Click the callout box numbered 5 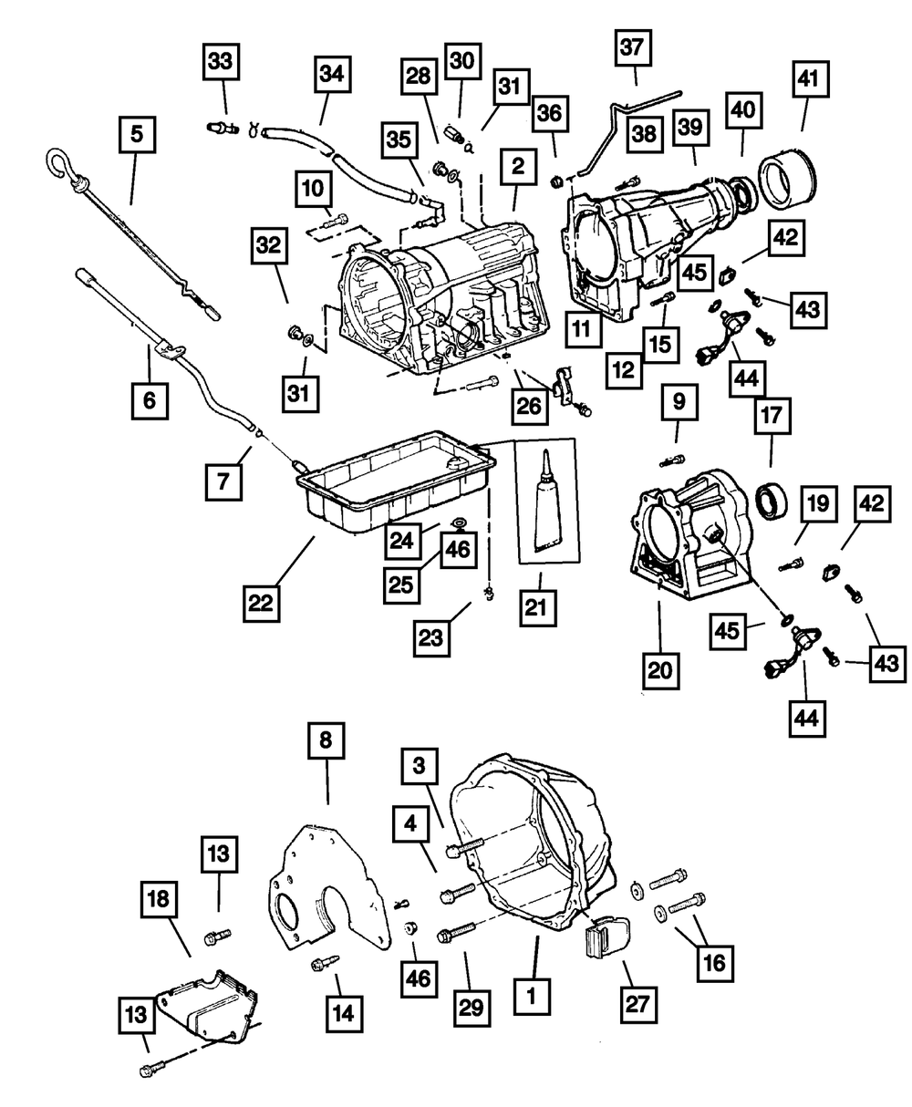click(136, 135)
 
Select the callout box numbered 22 click(262, 601)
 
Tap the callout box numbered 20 click(659, 670)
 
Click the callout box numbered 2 click(517, 167)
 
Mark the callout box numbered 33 click(220, 62)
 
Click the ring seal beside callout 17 click(774, 500)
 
